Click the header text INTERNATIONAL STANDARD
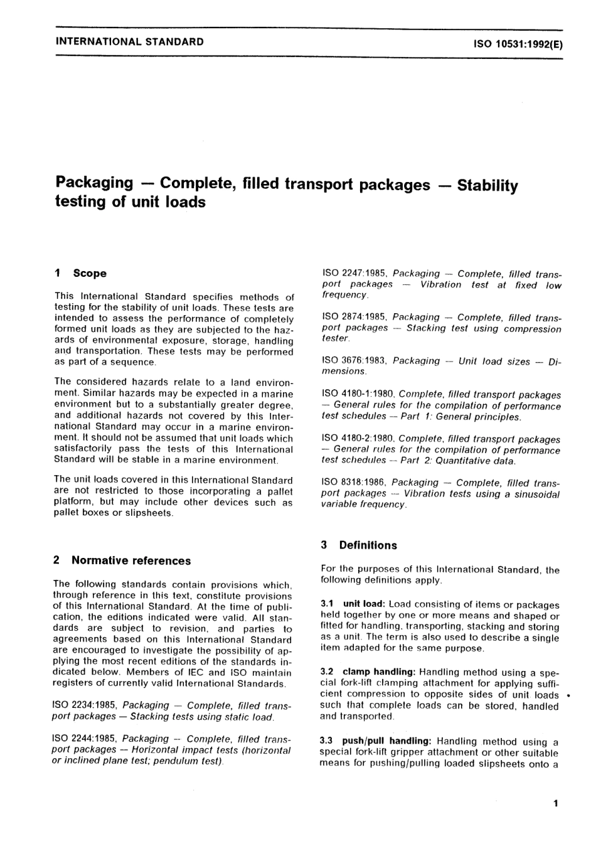coord(129,42)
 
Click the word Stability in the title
coord(487,186)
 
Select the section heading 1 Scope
coord(81,273)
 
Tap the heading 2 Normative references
coord(122,560)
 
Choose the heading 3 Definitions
coord(359,545)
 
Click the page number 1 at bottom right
coord(555,803)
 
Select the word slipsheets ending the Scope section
coord(147,513)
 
